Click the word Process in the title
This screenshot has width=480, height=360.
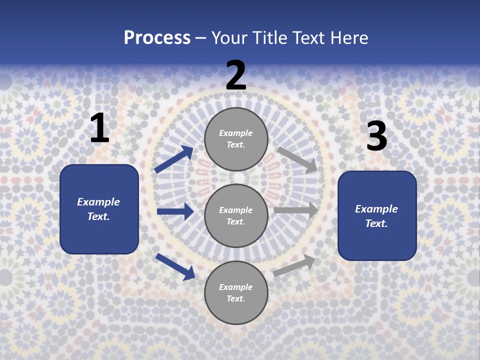pos(157,38)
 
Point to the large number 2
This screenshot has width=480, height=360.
pos(236,75)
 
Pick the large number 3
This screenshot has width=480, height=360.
pos(376,136)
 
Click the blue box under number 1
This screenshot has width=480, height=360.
pos(99,209)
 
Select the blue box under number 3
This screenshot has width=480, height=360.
pos(377,216)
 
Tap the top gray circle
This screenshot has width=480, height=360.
pos(236,139)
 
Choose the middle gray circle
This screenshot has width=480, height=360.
pos(236,215)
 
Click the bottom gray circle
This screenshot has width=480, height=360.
pos(236,292)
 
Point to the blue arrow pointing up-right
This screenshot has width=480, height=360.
pos(174,159)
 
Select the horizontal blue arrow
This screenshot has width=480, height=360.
pos(175,211)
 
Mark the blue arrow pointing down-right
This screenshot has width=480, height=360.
pos(175,266)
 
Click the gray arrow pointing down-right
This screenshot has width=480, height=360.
pos(297,159)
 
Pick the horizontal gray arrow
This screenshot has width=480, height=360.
pos(296,210)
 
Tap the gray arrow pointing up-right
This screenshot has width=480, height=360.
pos(294,265)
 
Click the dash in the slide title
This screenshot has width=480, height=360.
pos(201,38)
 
